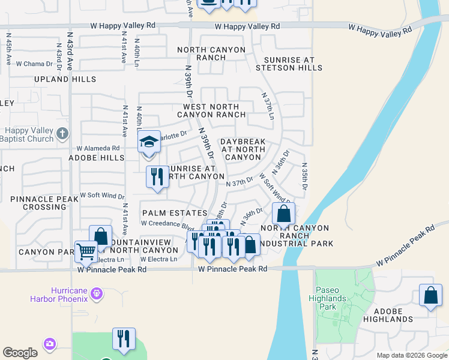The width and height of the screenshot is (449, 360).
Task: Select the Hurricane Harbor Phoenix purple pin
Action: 95,293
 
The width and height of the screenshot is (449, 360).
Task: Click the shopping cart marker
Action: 86,252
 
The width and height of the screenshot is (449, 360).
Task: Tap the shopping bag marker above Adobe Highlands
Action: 430,295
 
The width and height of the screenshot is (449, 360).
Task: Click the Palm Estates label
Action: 166,213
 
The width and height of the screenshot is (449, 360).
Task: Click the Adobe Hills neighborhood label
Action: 96,158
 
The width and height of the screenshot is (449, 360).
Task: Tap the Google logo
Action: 20,353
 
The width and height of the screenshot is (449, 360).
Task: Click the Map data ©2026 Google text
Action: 411,355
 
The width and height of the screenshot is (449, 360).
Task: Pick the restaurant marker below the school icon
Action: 157,177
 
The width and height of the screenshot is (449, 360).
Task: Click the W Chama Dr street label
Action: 35,64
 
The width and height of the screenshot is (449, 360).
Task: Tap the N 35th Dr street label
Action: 304,176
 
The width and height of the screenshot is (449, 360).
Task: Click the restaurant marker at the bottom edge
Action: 124,339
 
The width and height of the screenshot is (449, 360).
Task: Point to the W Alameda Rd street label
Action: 98,148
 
